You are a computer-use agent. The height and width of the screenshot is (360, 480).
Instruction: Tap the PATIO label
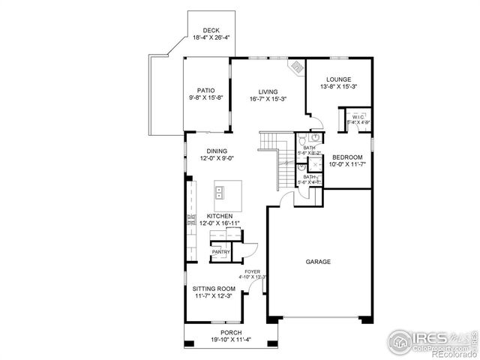(x=206, y=91)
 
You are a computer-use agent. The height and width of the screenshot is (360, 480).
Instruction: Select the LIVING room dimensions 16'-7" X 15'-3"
(x=268, y=99)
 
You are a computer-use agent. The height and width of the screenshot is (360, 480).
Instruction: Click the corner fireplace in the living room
(x=298, y=67)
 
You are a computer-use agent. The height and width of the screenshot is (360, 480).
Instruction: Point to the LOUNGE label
(x=338, y=79)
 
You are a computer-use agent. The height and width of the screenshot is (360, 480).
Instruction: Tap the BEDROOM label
(x=347, y=157)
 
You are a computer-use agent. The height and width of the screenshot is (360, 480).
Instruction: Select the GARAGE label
(x=318, y=262)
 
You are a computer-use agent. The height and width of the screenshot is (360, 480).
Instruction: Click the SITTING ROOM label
(x=214, y=289)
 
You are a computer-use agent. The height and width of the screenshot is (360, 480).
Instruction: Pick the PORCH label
(x=231, y=332)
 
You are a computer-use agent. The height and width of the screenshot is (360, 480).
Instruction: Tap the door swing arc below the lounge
(x=316, y=120)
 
